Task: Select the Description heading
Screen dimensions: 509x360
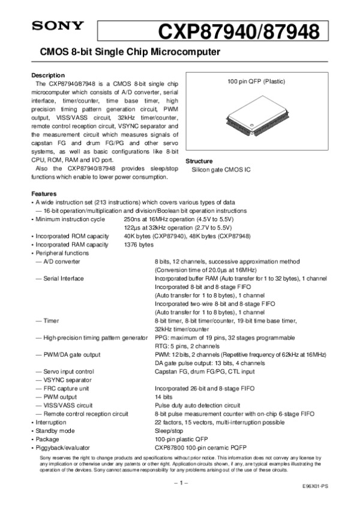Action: [x=47, y=75]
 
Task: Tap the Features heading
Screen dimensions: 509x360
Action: [x=44, y=194]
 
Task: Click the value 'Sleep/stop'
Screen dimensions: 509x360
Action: [x=169, y=430]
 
